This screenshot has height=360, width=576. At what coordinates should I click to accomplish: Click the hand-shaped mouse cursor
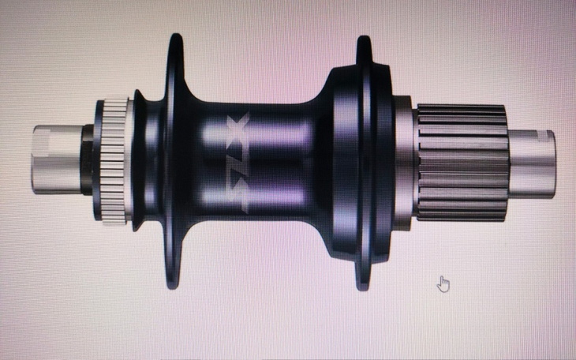(443, 284)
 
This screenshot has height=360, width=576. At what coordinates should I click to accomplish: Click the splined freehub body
(462, 163)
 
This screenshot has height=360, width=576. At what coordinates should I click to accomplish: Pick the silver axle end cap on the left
(58, 159)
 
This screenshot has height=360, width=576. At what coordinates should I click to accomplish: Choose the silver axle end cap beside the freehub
(532, 163)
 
